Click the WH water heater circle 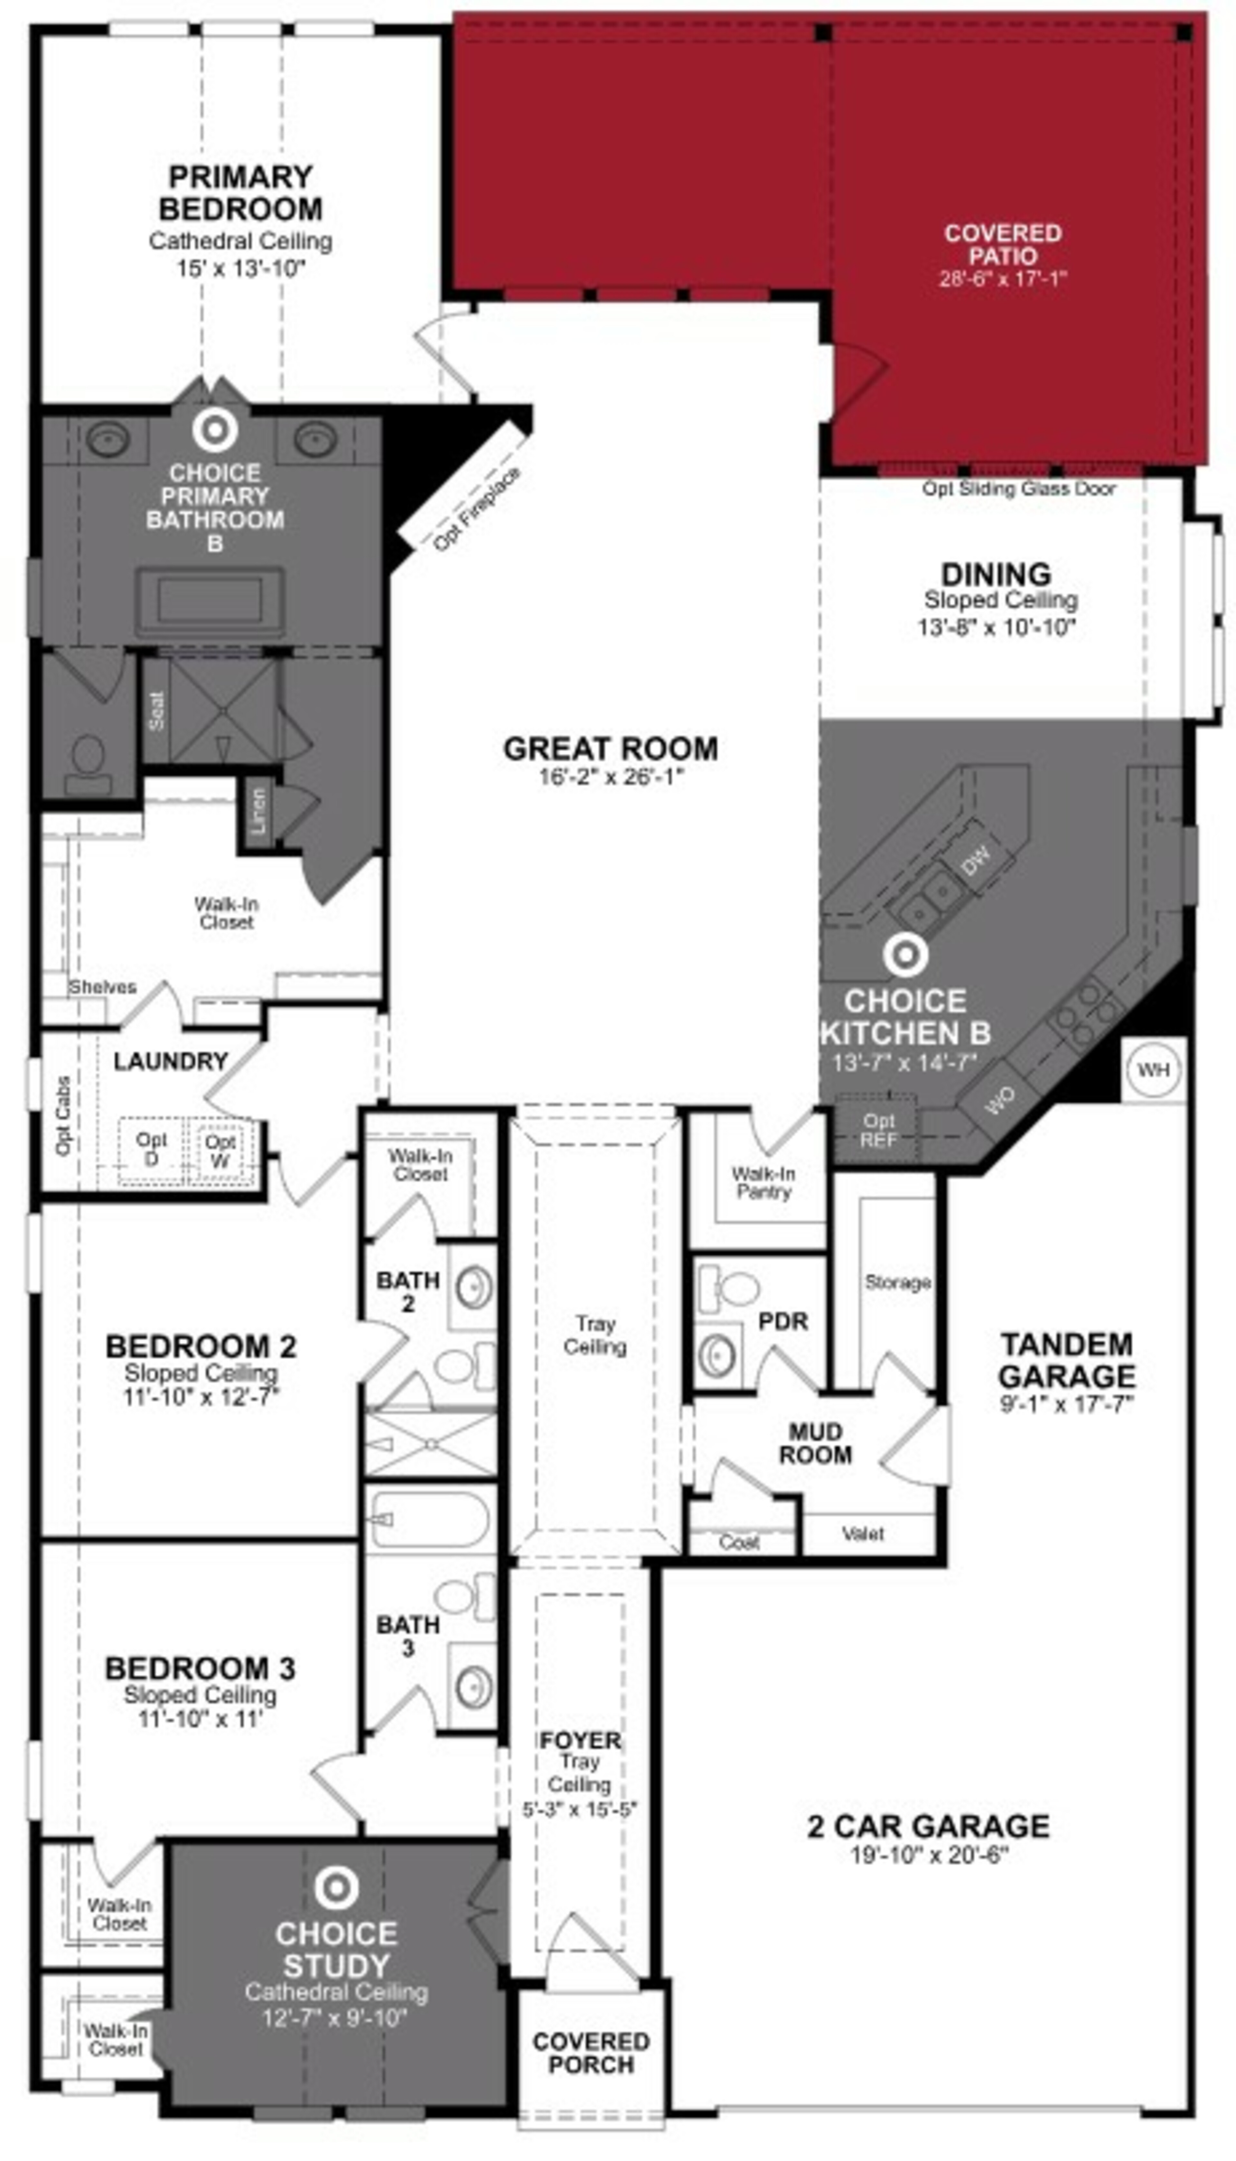(1153, 1070)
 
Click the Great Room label (610, 749)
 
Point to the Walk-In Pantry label (763, 1182)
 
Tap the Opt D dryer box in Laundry (151, 1149)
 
